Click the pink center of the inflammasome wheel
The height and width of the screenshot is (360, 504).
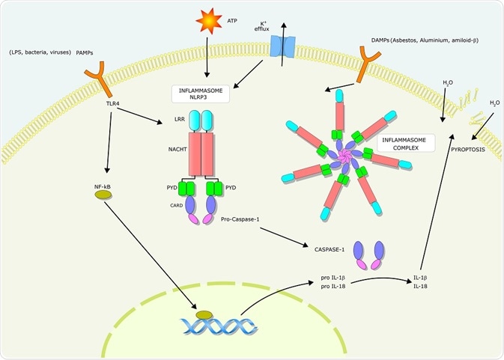(346, 155)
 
